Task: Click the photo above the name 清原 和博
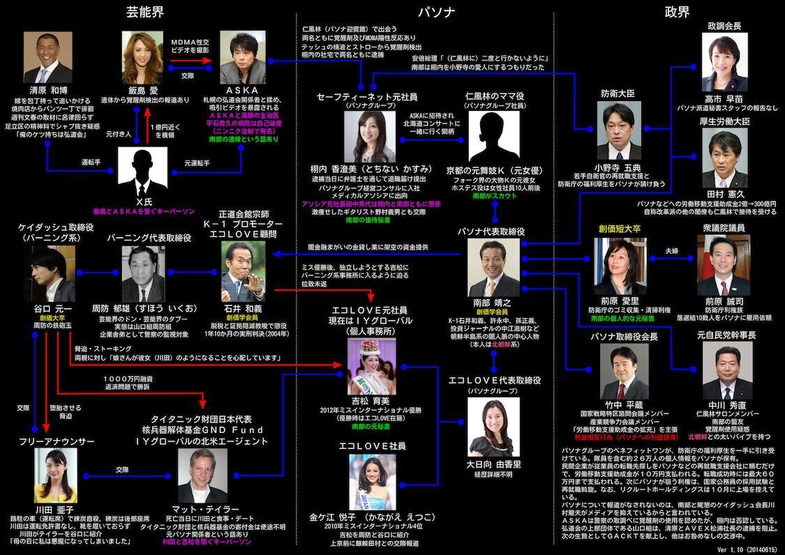tap(47, 58)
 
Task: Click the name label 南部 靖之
tap(493, 303)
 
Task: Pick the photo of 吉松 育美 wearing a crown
tap(371, 366)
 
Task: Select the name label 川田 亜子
tap(54, 510)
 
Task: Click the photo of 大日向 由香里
tap(493, 427)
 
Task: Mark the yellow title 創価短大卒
tap(618, 228)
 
